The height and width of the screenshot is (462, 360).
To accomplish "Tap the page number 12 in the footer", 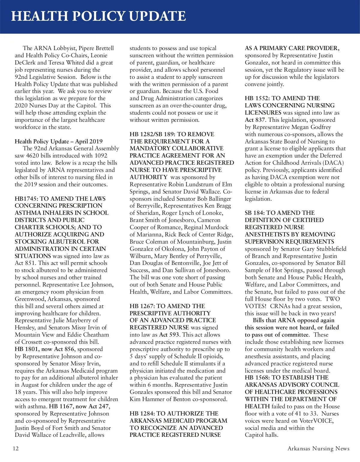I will pos(16,448).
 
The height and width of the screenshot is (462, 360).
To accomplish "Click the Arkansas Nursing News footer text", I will pos(318,448).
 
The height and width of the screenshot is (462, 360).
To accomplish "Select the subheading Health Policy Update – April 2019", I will pos(58,141).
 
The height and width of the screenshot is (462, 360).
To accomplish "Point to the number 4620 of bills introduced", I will pos(32,155).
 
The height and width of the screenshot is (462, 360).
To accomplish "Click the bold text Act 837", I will pos(255,120).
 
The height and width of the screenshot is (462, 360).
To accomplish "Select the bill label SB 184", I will pos(254,213).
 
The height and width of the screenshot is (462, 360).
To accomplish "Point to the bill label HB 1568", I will pos(257,377).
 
